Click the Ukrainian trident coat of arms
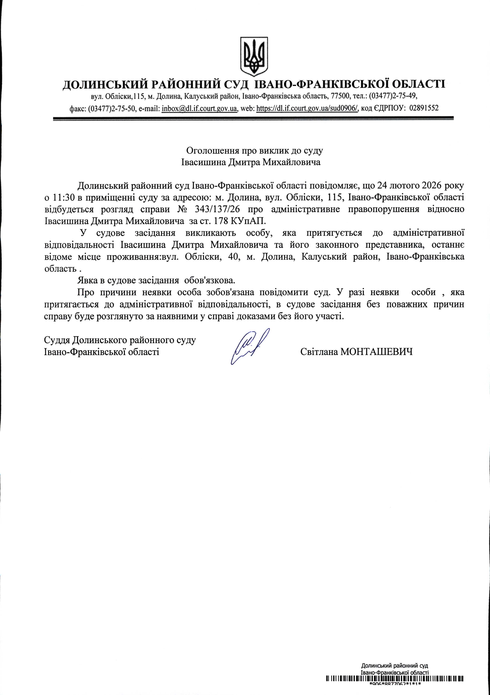(254, 57)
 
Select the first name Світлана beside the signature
(319, 352)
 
